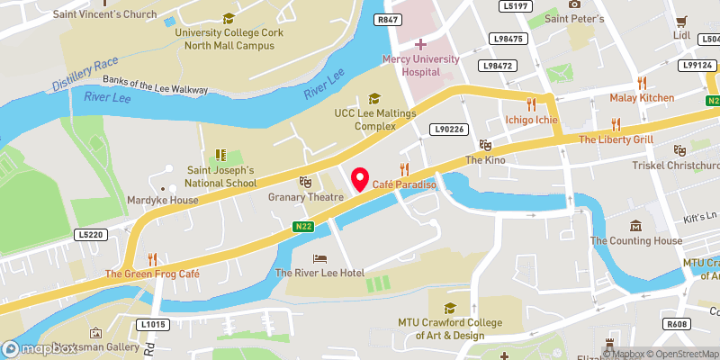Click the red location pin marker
(359, 179)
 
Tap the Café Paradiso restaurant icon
(404, 168)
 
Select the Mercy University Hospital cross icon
(420, 43)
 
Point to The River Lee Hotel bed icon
(319, 258)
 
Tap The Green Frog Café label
(151, 274)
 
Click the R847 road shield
(389, 20)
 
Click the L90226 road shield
(447, 130)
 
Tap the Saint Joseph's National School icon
(220, 155)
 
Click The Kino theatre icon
(486, 145)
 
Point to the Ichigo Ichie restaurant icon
(531, 104)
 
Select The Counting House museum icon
(636, 225)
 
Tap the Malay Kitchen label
(642, 97)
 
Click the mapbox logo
(40, 348)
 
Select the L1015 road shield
(155, 324)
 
